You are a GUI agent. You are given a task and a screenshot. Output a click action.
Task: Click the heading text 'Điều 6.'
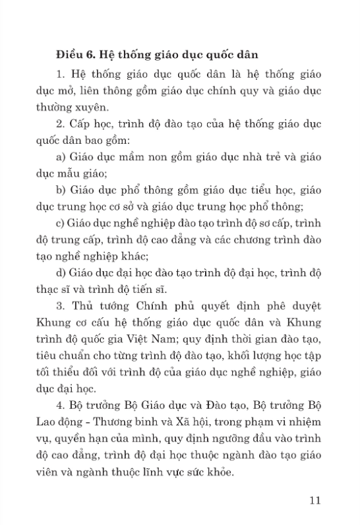pyautogui.click(x=76, y=51)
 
